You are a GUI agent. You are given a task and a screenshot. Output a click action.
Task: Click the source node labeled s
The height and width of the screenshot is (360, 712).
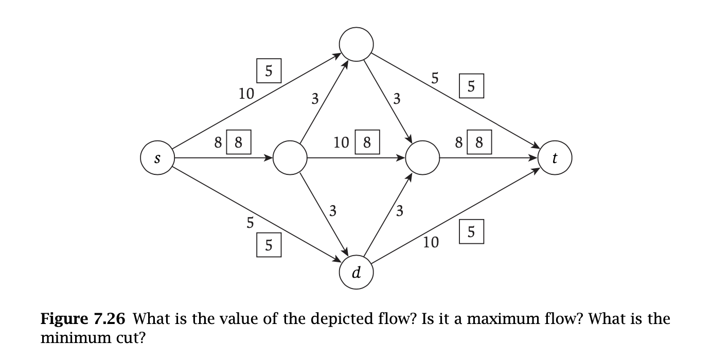(157, 158)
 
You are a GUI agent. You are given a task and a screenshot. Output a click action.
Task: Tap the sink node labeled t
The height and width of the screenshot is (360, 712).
(555, 158)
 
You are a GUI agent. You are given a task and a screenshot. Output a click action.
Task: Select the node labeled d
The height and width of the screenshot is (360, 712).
(356, 273)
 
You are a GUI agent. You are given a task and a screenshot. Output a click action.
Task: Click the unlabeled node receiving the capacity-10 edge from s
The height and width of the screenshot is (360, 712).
(356, 44)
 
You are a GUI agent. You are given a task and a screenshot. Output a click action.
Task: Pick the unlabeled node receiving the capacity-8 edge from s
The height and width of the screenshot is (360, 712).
(290, 158)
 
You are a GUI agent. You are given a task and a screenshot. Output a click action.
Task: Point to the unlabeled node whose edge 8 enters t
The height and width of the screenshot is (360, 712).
(422, 158)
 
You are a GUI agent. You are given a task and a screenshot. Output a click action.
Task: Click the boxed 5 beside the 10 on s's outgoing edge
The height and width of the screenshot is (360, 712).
(269, 71)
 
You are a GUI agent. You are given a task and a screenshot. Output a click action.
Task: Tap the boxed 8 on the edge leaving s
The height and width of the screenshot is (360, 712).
(238, 142)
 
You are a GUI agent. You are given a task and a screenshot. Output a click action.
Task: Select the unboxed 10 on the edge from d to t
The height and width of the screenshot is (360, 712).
(431, 243)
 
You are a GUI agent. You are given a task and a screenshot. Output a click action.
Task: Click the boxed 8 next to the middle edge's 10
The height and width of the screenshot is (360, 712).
(367, 142)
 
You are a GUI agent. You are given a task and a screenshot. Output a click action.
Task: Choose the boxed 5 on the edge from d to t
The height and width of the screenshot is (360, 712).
(471, 231)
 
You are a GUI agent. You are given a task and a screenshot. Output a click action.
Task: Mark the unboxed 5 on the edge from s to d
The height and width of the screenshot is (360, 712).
(251, 222)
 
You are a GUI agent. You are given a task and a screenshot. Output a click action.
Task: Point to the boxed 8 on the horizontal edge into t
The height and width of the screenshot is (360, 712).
(479, 142)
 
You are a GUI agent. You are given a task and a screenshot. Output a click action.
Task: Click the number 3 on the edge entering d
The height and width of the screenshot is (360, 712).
(333, 210)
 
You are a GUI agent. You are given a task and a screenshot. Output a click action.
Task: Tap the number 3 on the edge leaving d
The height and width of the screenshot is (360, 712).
(399, 210)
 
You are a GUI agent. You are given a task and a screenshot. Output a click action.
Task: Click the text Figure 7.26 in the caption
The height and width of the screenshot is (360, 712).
(83, 319)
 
